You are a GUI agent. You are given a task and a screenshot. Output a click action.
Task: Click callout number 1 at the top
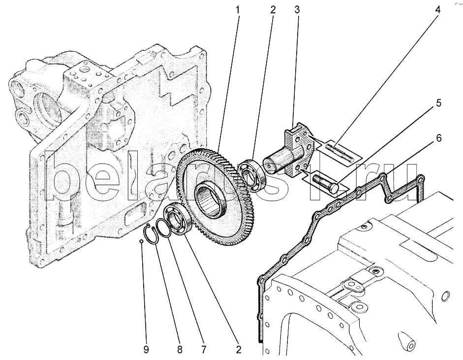[x=238, y=10]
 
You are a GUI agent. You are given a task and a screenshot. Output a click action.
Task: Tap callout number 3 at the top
[x=297, y=10]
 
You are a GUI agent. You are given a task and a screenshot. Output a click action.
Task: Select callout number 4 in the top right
[x=437, y=10]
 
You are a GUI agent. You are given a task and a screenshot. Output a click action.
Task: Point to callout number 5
[x=438, y=103]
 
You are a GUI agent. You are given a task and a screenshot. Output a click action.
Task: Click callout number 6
[x=438, y=138]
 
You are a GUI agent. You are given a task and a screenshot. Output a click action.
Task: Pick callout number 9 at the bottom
[x=146, y=350]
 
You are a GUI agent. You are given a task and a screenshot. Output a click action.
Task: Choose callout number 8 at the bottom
[x=180, y=350]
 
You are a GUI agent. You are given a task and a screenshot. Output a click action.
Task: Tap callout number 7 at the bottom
[x=203, y=350]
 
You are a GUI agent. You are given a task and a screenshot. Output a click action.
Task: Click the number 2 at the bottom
[x=238, y=350]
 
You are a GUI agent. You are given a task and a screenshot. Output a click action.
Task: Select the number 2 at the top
[x=273, y=10]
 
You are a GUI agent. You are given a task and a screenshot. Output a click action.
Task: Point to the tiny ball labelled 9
[x=141, y=242]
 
